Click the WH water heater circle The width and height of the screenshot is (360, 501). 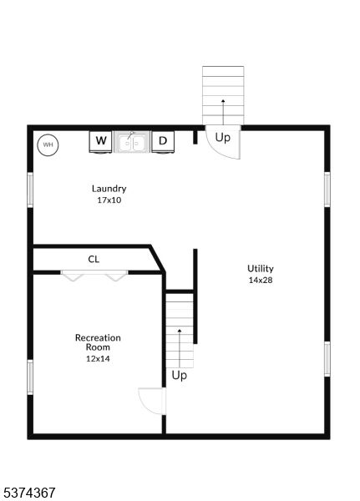pyautogui.click(x=48, y=144)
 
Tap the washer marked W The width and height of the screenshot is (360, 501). pyautogui.click(x=101, y=141)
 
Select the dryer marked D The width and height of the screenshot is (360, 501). pyautogui.click(x=163, y=141)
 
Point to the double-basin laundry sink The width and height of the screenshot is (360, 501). pyautogui.click(x=132, y=142)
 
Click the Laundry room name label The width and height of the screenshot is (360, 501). pyautogui.click(x=109, y=189)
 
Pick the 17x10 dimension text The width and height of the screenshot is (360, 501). pyautogui.click(x=109, y=200)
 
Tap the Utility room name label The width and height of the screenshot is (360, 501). pyautogui.click(x=261, y=269)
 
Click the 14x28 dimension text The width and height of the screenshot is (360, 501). pyautogui.click(x=261, y=281)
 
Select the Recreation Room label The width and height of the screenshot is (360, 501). pyautogui.click(x=98, y=342)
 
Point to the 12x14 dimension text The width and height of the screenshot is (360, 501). pyautogui.click(x=98, y=359)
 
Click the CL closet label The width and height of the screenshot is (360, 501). pyautogui.click(x=94, y=259)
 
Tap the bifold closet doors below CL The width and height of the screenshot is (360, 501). pyautogui.click(x=94, y=276)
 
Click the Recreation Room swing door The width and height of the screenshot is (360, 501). pyautogui.click(x=152, y=401)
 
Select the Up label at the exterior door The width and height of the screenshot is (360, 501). pyautogui.click(x=222, y=138)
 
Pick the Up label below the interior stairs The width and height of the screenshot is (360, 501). pyautogui.click(x=179, y=376)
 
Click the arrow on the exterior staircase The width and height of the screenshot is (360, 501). pyautogui.click(x=223, y=112)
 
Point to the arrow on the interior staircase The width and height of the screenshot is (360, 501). pyautogui.click(x=180, y=348)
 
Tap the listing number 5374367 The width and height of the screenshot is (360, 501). pyautogui.click(x=28, y=493)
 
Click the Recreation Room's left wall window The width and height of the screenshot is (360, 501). pyautogui.click(x=30, y=377)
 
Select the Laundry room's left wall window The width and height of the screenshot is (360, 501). pyautogui.click(x=30, y=190)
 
